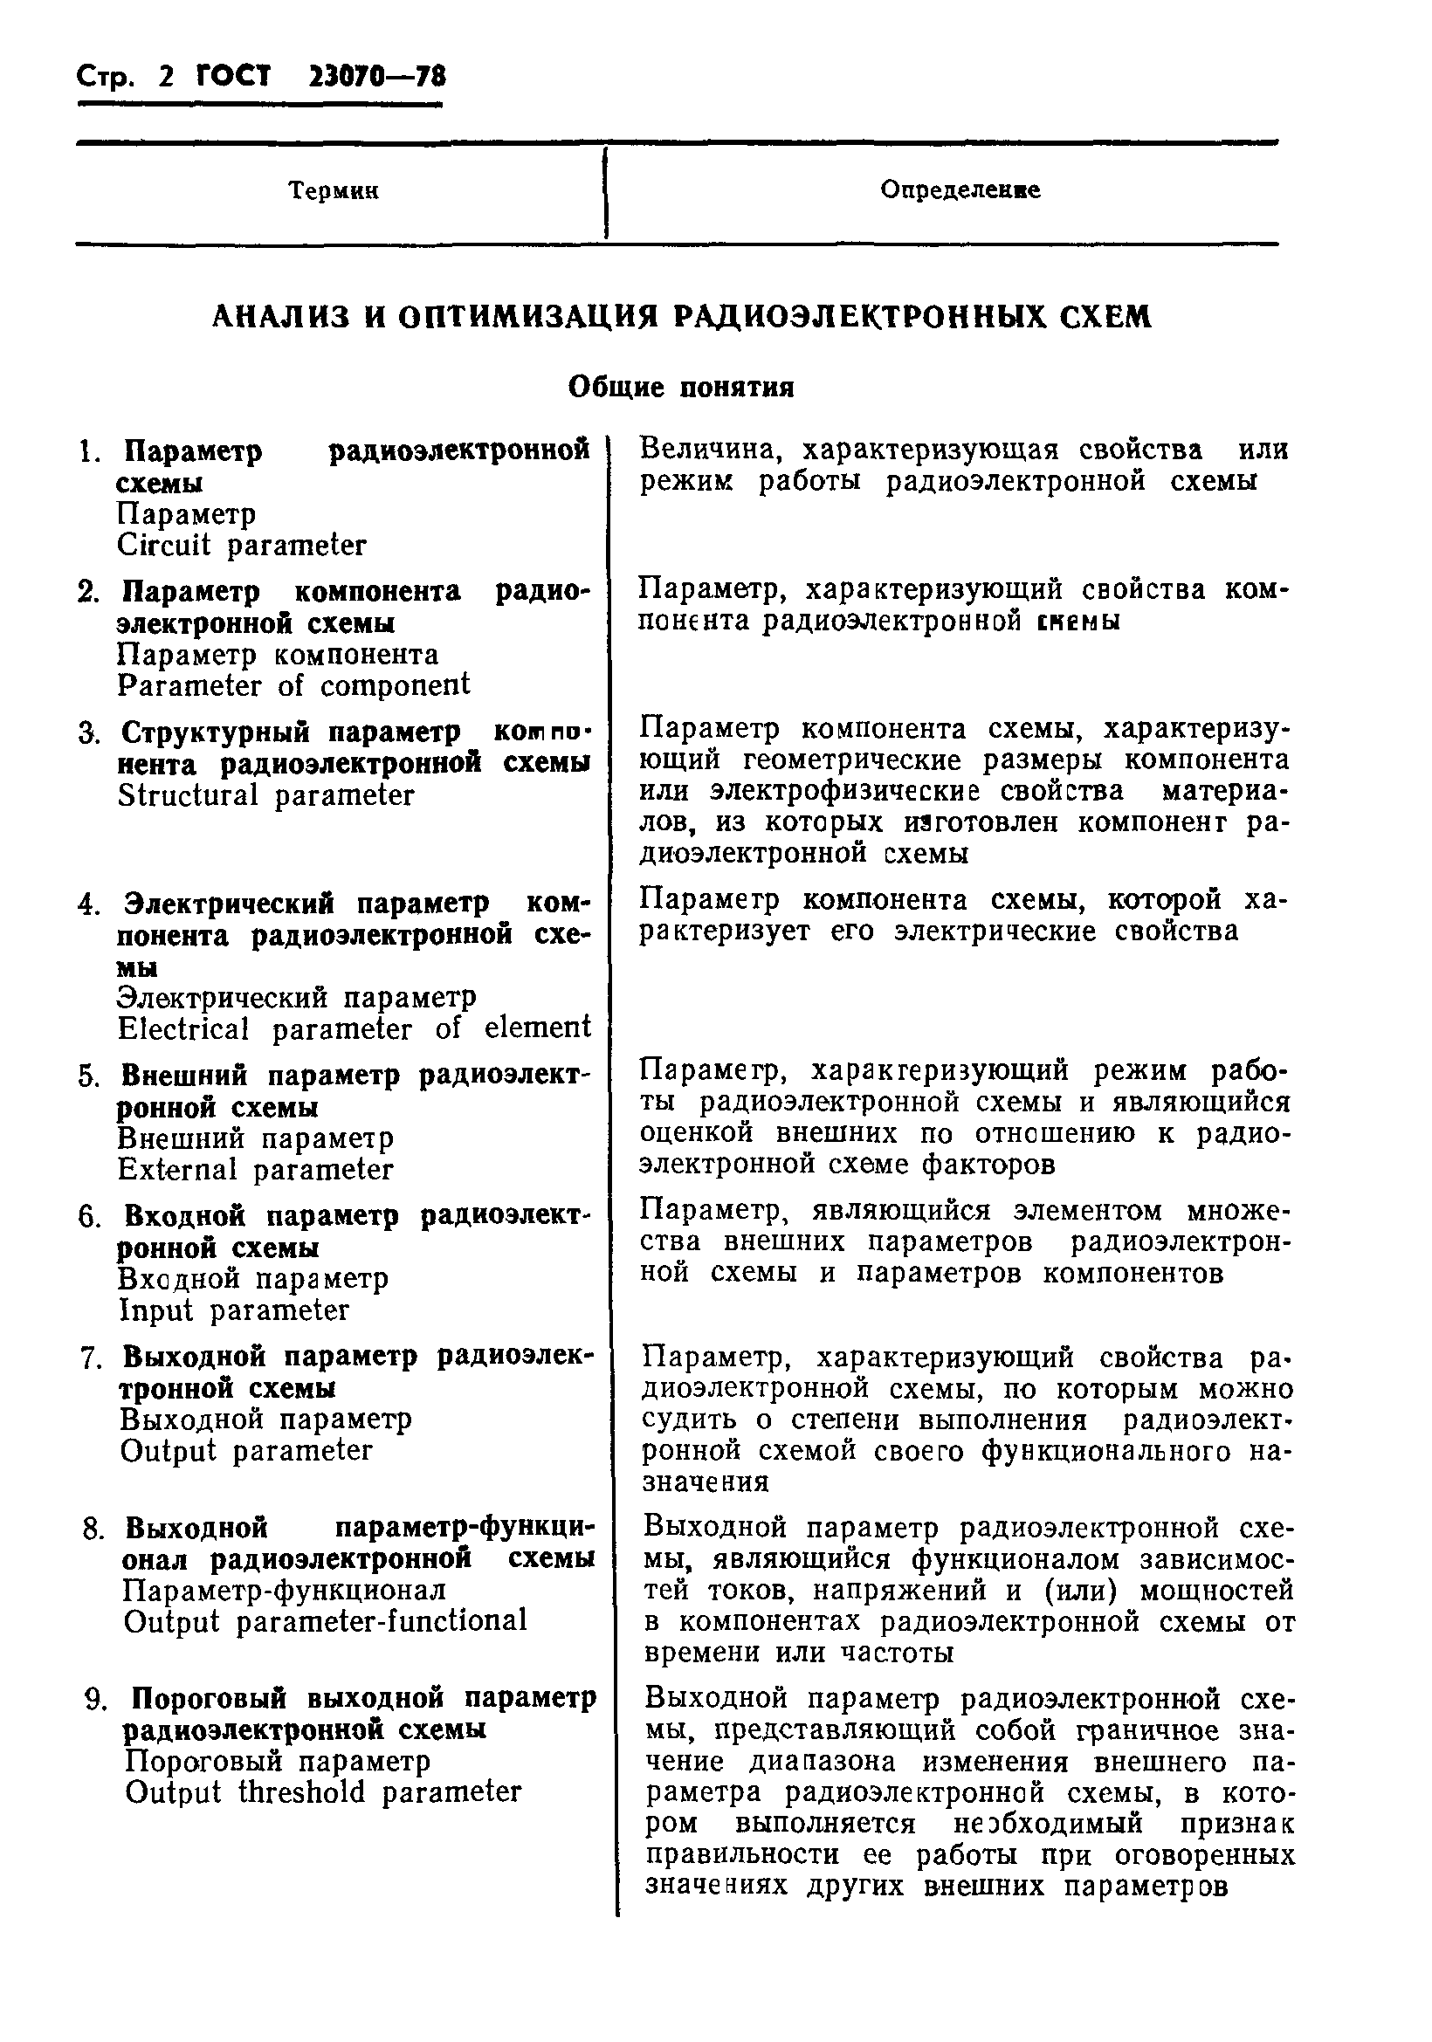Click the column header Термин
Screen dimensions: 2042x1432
click(x=334, y=191)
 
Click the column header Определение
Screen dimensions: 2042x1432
click(x=960, y=189)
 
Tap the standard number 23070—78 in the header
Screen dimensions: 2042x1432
click(x=376, y=78)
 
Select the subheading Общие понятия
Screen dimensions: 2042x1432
click(x=680, y=388)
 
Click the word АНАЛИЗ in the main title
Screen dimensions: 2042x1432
click(x=280, y=317)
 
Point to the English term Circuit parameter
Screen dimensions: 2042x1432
click(x=241, y=545)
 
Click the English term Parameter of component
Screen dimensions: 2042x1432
click(x=293, y=685)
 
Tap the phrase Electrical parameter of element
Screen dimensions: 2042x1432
click(x=354, y=1029)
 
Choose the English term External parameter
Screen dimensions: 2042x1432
click(x=255, y=1170)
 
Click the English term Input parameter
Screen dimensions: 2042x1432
click(x=234, y=1311)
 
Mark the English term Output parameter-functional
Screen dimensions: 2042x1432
click(x=326, y=1621)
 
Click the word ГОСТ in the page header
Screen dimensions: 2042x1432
click(x=233, y=78)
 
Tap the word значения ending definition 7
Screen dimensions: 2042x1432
click(x=706, y=1482)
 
